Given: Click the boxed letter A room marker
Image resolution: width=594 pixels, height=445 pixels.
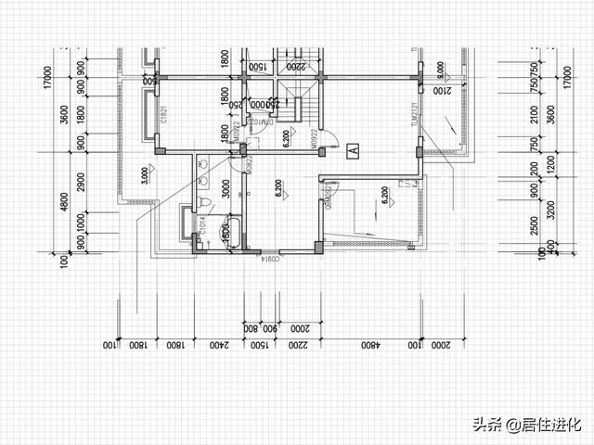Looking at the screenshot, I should click(352, 148).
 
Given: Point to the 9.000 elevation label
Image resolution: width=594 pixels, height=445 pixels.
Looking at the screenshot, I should click(440, 70).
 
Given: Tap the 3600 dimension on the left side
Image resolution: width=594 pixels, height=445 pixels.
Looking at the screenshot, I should click(65, 120).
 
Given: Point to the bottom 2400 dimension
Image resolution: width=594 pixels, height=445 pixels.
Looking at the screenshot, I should click(217, 346).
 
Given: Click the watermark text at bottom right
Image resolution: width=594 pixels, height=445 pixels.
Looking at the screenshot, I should click(526, 425).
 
